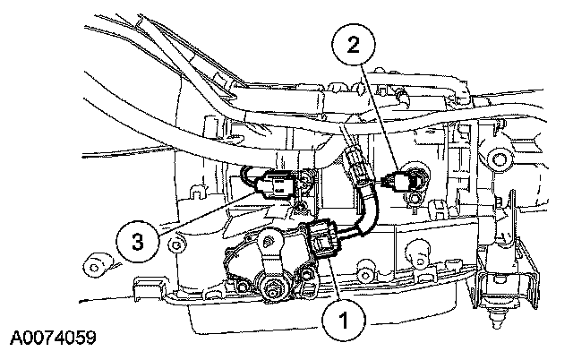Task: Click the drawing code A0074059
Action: (x=53, y=341)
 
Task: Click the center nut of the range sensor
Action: (x=269, y=287)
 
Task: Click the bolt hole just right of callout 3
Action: (x=178, y=244)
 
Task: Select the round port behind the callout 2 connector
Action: (x=418, y=178)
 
